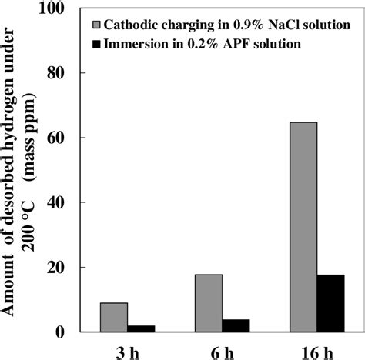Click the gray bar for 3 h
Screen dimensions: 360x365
click(114, 317)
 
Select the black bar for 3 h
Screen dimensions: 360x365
click(141, 328)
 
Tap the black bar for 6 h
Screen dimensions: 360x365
click(236, 325)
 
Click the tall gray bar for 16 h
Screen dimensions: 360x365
click(303, 227)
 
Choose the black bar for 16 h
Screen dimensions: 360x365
click(330, 303)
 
